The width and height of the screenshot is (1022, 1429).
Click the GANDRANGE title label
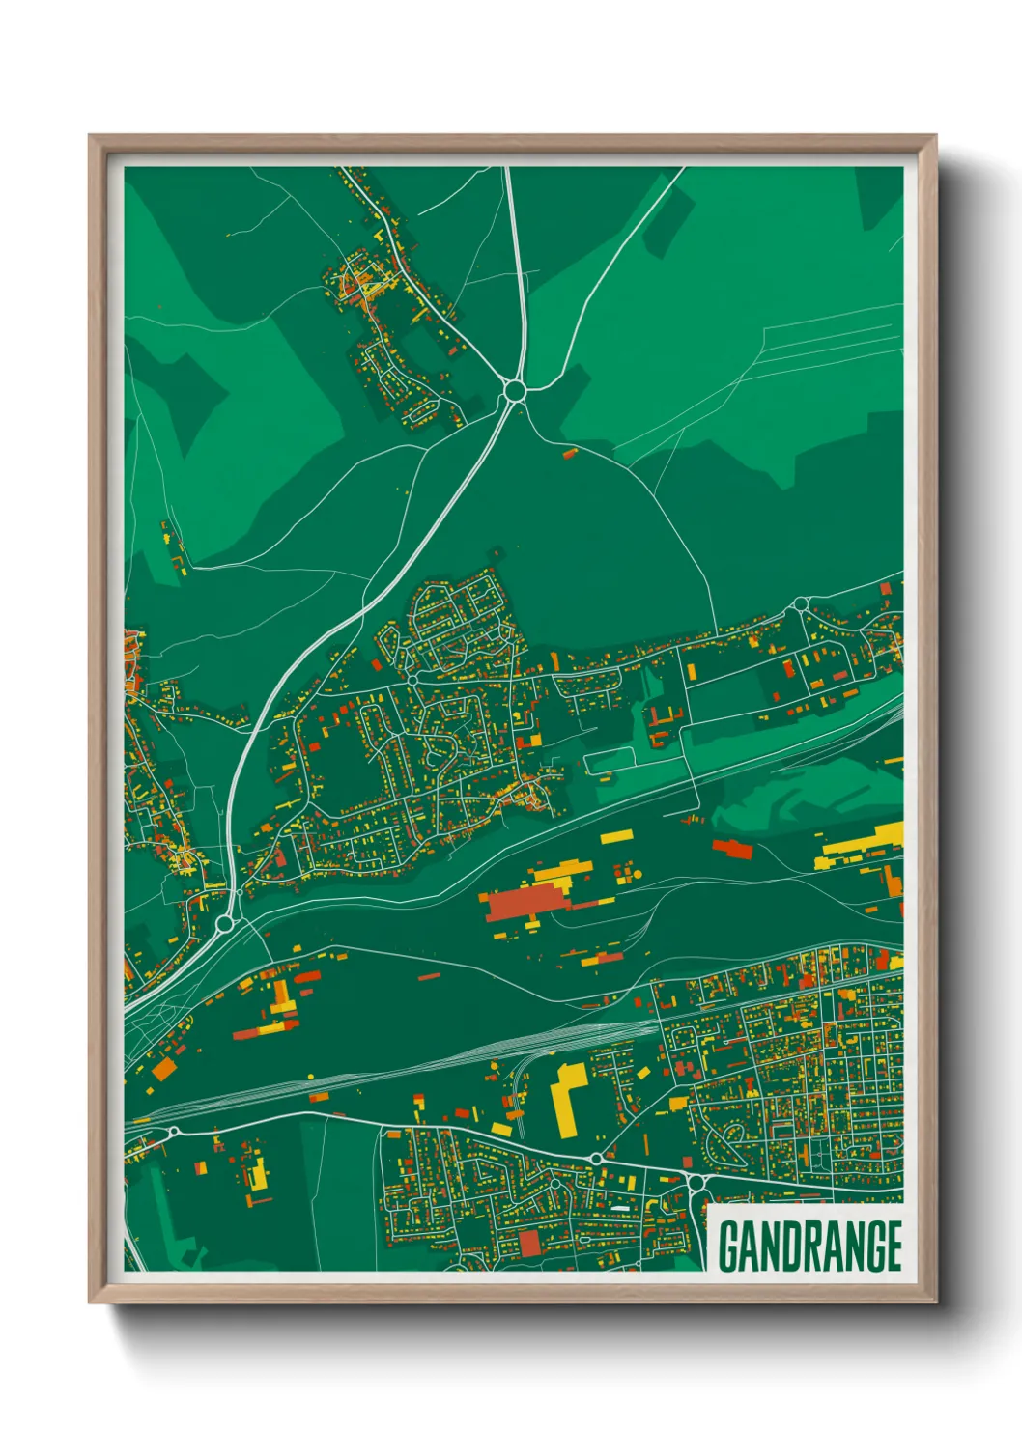[809, 1246]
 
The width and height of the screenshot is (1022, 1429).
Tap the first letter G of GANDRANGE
[729, 1247]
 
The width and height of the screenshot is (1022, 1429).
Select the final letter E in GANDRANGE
[893, 1247]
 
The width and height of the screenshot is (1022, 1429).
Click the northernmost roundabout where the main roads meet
[514, 391]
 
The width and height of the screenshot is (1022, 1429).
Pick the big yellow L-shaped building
[567, 1094]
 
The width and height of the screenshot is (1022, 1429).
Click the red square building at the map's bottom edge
[528, 1243]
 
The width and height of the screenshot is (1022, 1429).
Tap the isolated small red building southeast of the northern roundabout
[569, 451]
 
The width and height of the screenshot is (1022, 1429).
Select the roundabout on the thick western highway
[225, 924]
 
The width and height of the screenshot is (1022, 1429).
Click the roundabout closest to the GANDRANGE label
[696, 1182]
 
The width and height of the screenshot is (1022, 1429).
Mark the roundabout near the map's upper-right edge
[800, 604]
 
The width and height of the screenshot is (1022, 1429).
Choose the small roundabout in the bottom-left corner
[174, 1132]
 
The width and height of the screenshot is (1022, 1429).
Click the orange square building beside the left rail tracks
[164, 1068]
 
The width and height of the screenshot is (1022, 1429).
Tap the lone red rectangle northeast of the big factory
[732, 848]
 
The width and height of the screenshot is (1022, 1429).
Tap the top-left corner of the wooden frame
[91, 137]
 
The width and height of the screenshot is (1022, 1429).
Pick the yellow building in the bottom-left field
[257, 1176]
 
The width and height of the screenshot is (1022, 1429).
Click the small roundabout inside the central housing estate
[412, 680]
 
